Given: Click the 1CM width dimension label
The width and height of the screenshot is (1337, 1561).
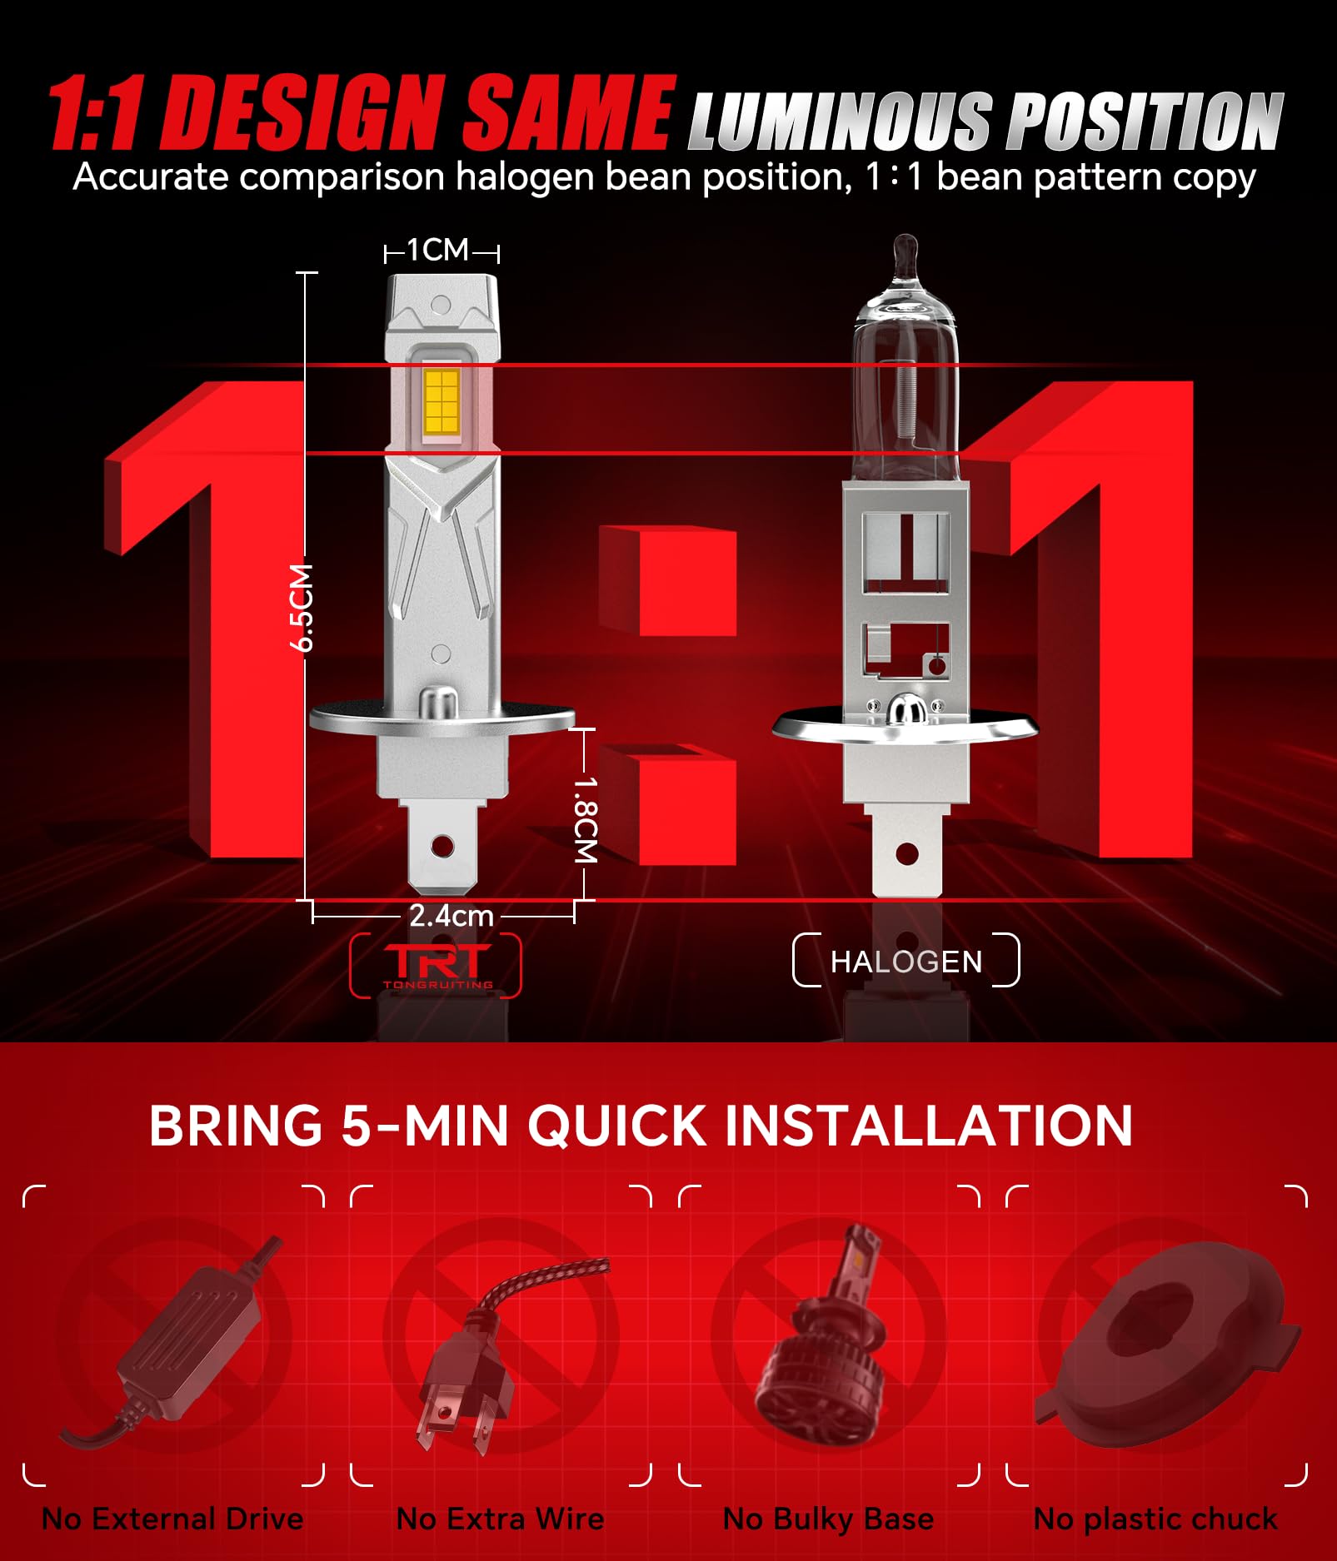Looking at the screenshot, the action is click(438, 250).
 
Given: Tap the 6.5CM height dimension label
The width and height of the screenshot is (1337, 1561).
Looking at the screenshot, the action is click(302, 607).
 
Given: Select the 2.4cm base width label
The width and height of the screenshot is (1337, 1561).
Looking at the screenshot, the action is click(451, 916).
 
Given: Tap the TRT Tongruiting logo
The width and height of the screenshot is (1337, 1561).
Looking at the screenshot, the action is click(437, 965).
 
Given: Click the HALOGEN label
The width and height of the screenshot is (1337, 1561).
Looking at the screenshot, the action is click(906, 962).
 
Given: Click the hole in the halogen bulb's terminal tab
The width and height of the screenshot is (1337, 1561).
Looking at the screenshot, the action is click(907, 853).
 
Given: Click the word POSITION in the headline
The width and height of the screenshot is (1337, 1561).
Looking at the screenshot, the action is click(1145, 121).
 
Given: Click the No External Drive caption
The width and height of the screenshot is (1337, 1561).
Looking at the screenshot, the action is click(172, 1519).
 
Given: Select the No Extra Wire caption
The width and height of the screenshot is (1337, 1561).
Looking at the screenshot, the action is click(500, 1519).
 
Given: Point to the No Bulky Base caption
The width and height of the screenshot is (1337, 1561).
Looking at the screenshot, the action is click(828, 1519).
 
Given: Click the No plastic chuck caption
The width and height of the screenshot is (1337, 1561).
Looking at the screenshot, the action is click(1155, 1519).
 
